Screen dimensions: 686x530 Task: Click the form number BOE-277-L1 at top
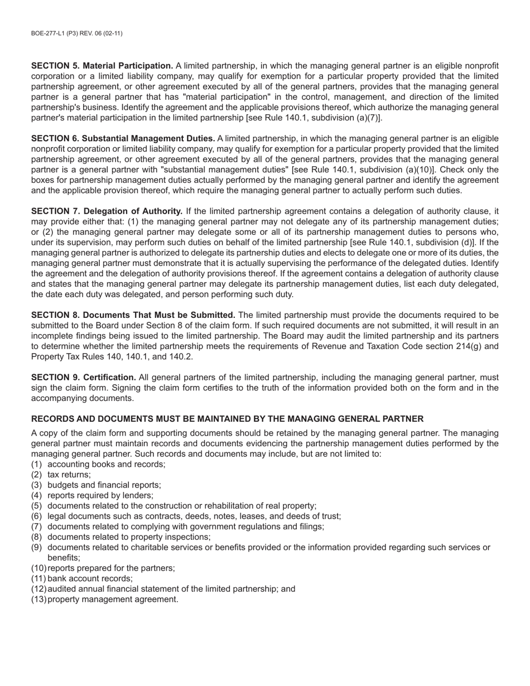[76, 33]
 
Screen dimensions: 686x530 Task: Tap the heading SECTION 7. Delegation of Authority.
[107, 211]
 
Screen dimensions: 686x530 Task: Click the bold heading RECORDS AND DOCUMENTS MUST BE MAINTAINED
[227, 419]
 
